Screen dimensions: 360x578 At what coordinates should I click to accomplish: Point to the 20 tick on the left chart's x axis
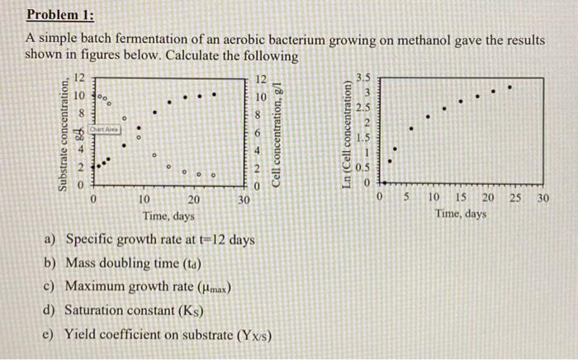pyautogui.click(x=194, y=200)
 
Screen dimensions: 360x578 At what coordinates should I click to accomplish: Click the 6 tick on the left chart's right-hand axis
pyautogui.click(x=258, y=133)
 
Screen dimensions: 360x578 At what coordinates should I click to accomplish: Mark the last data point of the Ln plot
pyautogui.click(x=509, y=86)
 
